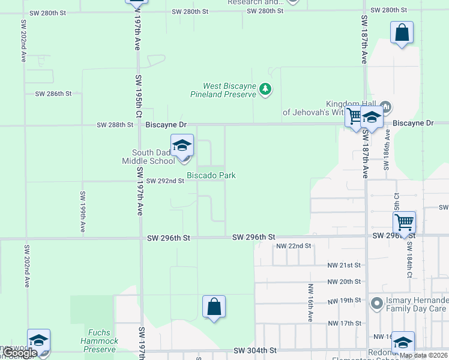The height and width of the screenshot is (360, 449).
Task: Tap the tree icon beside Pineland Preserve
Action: click(265, 90)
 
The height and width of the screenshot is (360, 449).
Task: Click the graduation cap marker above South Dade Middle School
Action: click(182, 146)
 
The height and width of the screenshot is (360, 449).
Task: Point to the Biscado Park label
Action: click(211, 175)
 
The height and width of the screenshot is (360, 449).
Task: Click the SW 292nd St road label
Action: click(165, 181)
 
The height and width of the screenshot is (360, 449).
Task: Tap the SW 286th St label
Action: click(53, 94)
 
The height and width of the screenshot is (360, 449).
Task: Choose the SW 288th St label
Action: click(115, 125)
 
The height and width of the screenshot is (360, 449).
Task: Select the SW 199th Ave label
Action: click(82, 212)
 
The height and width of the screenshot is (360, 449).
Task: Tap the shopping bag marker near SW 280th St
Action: click(402, 33)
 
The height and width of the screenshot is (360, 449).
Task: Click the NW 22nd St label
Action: click(294, 246)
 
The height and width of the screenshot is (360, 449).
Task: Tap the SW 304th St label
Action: click(255, 350)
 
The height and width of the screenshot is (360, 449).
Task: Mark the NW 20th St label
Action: click(344, 282)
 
